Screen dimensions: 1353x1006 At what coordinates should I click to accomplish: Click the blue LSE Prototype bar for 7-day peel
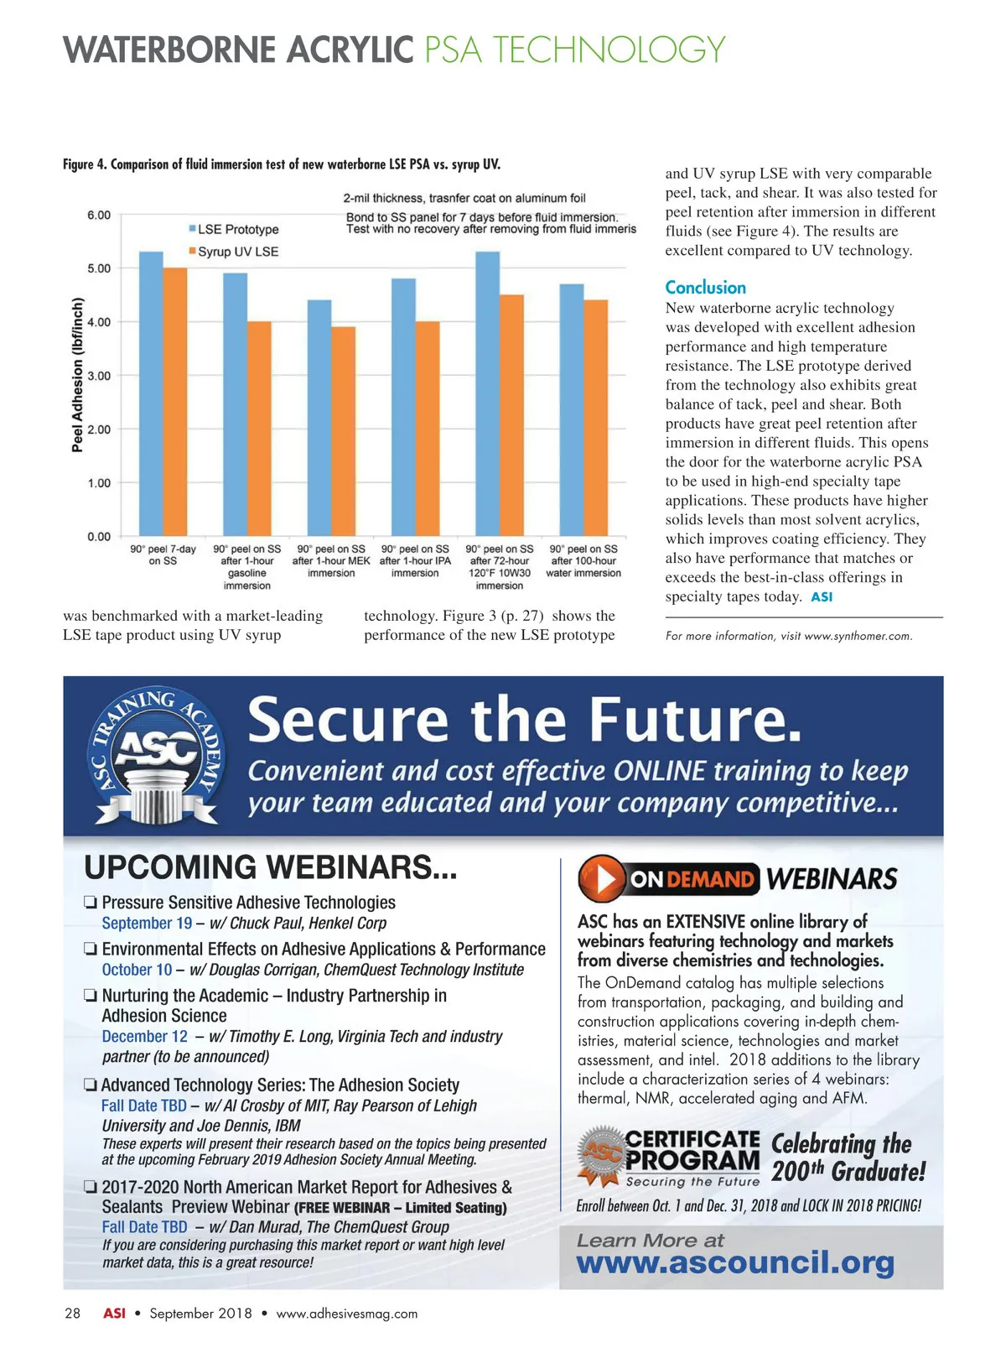151,394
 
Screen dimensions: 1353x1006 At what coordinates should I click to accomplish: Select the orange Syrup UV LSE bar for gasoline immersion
259,429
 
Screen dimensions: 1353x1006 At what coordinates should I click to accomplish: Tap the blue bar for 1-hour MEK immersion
319,418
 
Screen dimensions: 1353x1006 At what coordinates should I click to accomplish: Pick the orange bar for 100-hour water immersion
595,418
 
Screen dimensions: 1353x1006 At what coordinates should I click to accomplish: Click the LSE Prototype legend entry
234,229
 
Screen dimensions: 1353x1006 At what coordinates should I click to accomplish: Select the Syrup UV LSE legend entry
234,252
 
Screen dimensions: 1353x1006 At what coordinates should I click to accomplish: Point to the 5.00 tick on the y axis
99,268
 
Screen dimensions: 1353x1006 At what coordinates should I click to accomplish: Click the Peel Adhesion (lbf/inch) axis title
78,375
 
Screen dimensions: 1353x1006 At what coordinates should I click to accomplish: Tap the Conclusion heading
705,288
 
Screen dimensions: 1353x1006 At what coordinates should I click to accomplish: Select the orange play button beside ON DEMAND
602,878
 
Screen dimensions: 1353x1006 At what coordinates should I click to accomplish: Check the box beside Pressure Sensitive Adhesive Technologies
91,903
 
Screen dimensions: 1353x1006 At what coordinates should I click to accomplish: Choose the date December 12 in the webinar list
144,1037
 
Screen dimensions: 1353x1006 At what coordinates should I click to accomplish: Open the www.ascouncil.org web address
735,1262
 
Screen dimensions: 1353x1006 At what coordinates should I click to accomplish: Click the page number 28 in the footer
73,1314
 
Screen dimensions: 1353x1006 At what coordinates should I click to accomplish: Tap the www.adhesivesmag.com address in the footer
346,1314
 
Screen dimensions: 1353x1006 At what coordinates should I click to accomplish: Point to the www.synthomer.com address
857,636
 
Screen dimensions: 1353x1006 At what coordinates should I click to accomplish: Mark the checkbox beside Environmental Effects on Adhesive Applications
91,950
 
